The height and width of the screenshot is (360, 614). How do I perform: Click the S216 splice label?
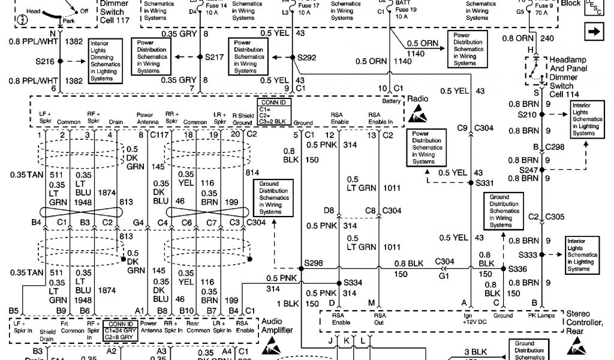[x=45, y=61]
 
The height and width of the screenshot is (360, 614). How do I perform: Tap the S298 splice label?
[x=313, y=263]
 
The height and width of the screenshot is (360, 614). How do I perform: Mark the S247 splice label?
[x=528, y=170]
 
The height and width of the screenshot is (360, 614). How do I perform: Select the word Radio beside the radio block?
[x=418, y=98]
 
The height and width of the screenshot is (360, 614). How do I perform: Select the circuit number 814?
[x=252, y=172]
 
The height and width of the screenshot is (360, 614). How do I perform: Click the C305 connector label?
[x=554, y=217]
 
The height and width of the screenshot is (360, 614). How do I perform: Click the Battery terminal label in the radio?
[x=392, y=101]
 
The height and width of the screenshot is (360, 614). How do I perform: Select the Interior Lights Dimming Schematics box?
[x=105, y=61]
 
